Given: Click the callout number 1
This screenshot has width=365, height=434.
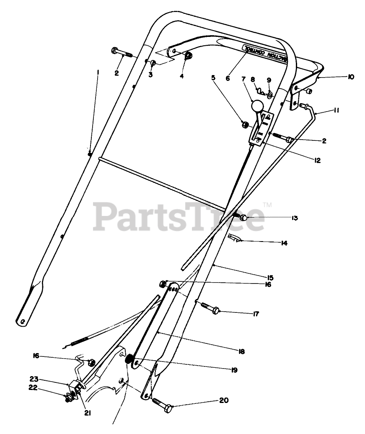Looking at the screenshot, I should point(98,72).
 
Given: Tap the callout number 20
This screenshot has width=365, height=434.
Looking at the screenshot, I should point(224,400).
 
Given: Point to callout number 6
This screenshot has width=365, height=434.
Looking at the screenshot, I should point(228,78).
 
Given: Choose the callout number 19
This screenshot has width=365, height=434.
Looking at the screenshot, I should point(233,370).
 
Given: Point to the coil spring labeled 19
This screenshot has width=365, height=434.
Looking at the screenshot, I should point(130,359).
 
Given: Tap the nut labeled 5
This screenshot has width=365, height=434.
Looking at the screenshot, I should point(244,124).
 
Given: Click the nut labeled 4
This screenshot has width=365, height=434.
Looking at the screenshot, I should point(188,56).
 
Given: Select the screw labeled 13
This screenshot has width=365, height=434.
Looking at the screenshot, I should point(242,217).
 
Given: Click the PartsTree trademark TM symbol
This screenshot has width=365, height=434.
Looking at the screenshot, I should point(267,205).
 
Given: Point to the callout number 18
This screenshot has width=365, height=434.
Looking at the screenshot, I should point(241,351).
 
